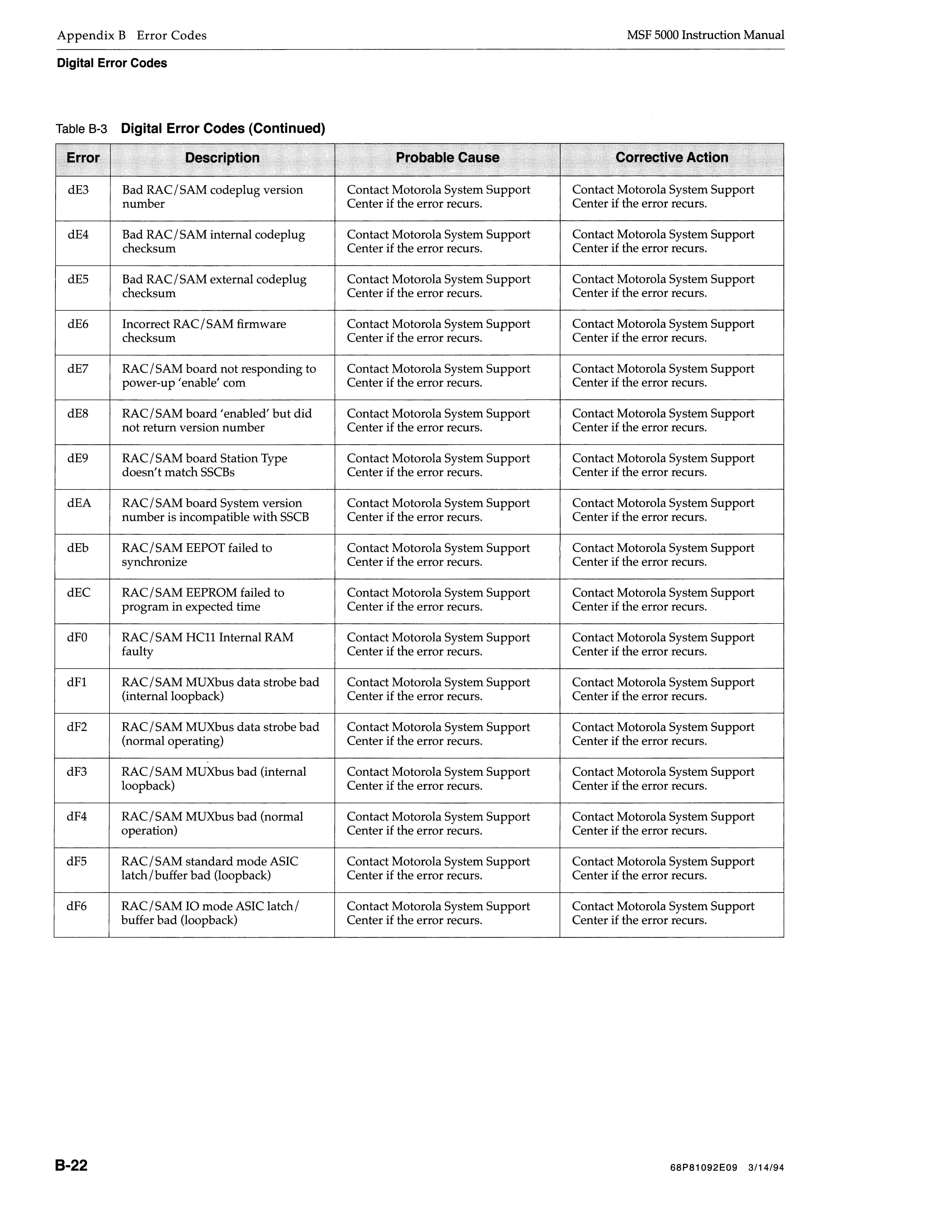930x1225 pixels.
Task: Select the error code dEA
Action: (79, 503)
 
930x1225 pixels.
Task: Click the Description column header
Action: (222, 158)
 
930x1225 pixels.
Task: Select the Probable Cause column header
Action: (448, 158)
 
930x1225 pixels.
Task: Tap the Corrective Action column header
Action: (672, 158)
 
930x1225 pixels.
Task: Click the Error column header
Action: (83, 158)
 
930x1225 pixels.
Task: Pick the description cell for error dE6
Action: (204, 331)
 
